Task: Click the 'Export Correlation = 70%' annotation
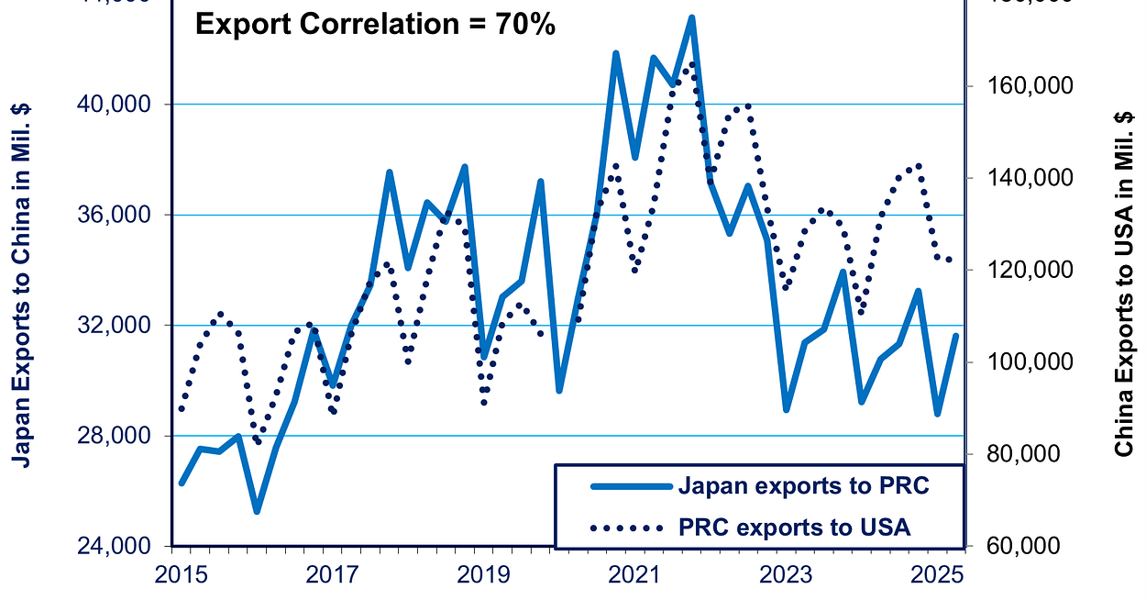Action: tap(375, 25)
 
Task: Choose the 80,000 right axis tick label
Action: tap(1026, 454)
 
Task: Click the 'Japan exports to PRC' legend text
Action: tap(803, 485)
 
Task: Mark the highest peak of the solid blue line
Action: tap(691, 17)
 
